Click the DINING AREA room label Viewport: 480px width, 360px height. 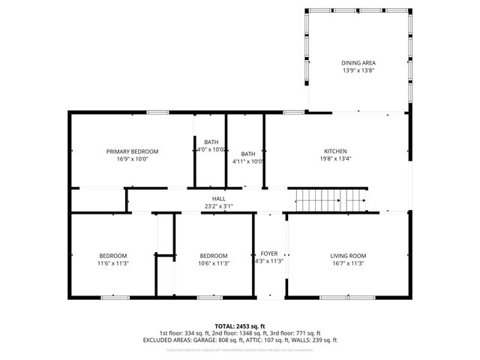tap(358, 62)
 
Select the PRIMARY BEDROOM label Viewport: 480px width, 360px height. tap(132, 151)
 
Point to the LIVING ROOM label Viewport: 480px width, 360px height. tap(347, 255)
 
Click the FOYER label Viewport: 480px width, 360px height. tap(268, 253)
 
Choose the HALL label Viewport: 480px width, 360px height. tap(218, 198)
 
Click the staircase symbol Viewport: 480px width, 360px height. tap(331, 201)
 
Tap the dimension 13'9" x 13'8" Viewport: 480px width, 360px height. tap(358, 70)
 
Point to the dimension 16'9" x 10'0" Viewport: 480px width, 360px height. tap(132, 159)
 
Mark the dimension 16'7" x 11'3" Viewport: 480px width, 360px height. tap(347, 263)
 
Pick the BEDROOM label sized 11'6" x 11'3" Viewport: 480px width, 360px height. tap(112, 255)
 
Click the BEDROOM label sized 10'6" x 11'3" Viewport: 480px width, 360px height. tap(213, 255)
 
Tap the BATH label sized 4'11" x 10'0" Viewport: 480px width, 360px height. tap(247, 154)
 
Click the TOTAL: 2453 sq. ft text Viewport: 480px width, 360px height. tap(239, 325)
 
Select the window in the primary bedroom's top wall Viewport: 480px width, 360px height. tap(157, 112)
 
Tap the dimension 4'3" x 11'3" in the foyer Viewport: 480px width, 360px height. tap(268, 262)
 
